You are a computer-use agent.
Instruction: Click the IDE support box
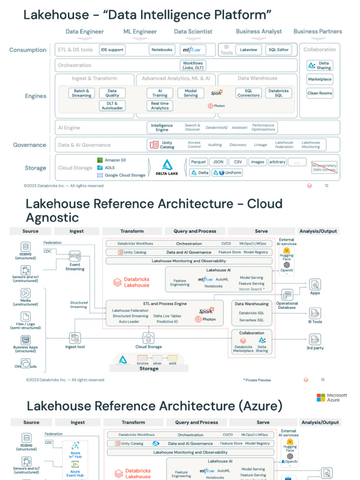112,50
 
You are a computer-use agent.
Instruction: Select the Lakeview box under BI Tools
248,50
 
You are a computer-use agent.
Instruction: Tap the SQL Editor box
278,50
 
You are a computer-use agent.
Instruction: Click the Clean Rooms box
320,93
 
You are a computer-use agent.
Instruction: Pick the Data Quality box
112,93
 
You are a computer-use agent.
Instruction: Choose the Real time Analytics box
160,106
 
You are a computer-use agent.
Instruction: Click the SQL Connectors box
248,93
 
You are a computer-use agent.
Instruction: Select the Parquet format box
199,162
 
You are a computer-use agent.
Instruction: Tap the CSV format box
238,162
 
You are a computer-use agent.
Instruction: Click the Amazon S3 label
115,160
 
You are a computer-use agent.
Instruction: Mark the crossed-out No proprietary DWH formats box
324,167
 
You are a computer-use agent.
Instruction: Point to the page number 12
327,186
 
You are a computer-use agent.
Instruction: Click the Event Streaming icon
75,256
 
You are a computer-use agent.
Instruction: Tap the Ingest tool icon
75,337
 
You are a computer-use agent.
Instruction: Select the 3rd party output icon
315,339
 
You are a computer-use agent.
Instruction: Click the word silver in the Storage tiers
157,363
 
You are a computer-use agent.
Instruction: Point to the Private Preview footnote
257,380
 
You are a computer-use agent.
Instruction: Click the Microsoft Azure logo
331,397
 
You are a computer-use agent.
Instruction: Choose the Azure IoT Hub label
75,455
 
